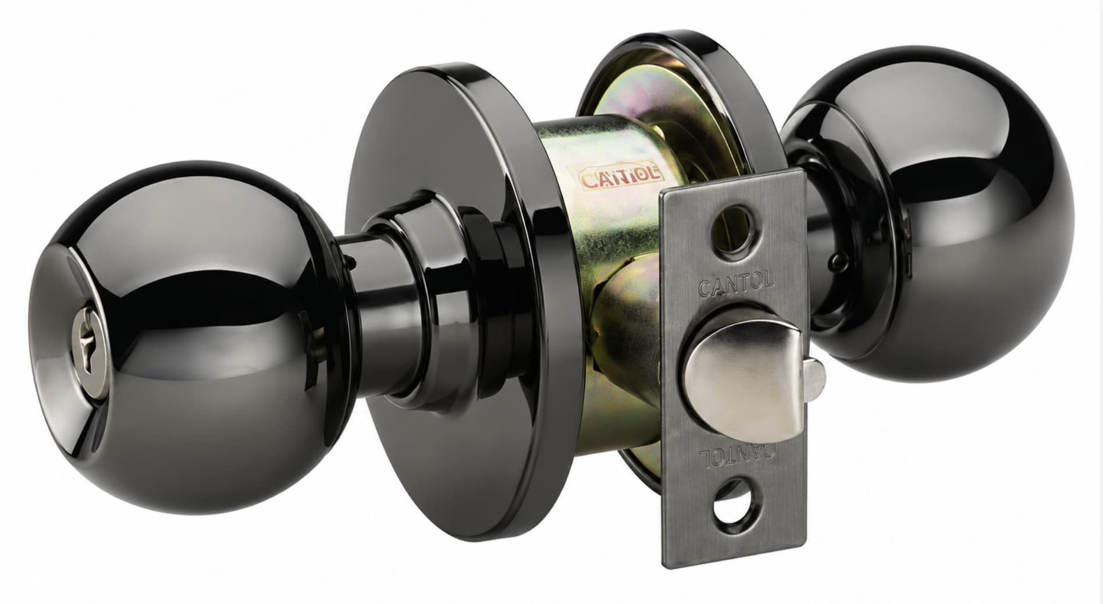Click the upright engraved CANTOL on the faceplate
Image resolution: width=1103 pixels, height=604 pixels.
735,285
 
